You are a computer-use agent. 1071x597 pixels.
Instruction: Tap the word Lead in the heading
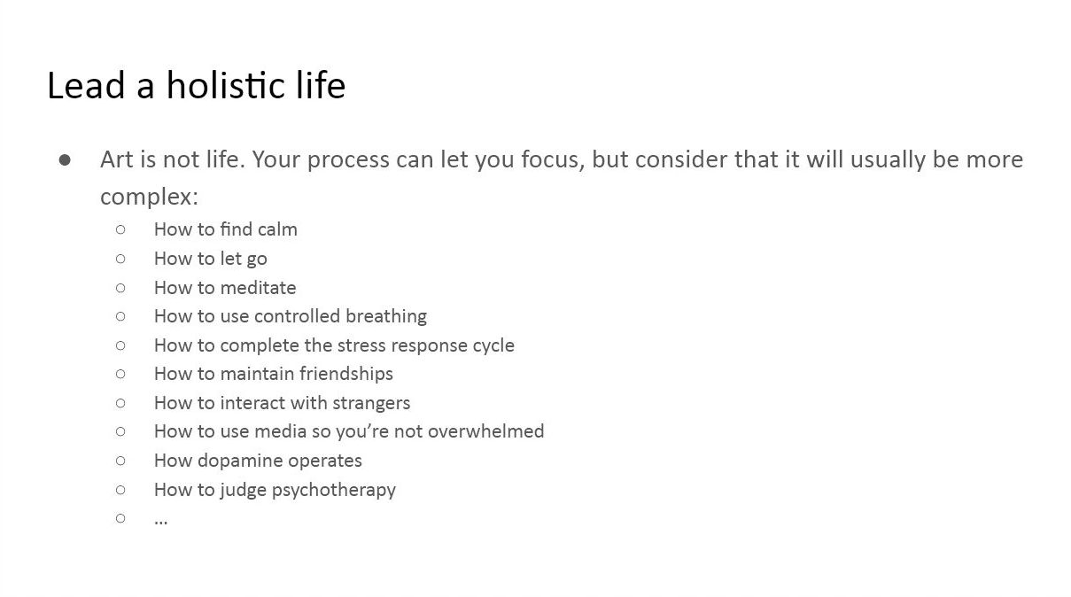86,85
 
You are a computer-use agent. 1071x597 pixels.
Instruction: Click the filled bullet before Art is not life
65,160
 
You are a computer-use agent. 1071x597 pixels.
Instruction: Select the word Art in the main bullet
117,159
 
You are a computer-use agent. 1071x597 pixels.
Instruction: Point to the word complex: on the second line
149,197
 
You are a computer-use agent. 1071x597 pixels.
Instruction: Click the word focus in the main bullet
553,159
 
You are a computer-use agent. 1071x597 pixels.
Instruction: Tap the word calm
277,229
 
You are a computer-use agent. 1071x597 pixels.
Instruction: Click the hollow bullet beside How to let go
120,259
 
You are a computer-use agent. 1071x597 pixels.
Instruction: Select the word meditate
258,288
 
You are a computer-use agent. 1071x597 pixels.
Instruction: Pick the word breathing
386,316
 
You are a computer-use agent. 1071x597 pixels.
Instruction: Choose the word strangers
371,403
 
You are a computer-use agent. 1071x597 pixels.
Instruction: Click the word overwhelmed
485,431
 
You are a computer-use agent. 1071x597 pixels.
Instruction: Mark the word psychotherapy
334,490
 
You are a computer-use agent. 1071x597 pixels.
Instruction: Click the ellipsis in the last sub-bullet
160,522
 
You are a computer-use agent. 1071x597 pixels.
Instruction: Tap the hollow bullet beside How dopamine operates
120,461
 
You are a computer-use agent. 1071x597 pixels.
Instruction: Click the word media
280,431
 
